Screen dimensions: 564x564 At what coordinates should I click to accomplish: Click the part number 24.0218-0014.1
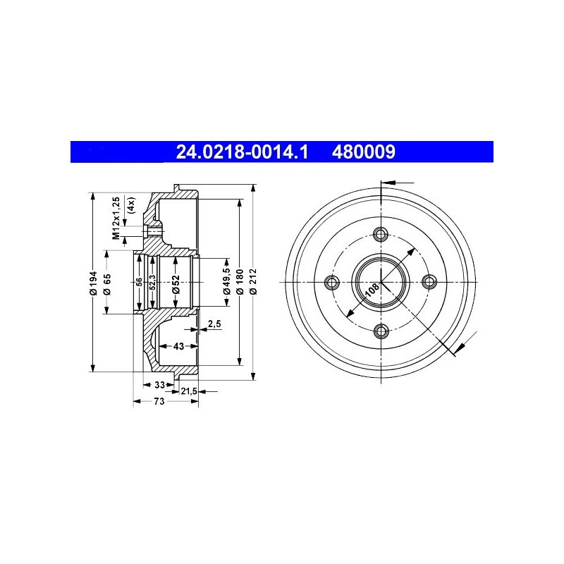(242, 152)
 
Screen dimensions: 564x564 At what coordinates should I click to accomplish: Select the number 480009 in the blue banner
(363, 152)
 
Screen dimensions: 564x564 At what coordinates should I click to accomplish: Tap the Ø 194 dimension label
(94, 283)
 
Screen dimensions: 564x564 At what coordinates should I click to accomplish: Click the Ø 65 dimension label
(107, 284)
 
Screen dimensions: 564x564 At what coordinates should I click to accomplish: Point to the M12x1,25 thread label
(116, 218)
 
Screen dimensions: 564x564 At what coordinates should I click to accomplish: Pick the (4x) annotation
(131, 206)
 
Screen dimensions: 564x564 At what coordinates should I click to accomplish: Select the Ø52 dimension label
(176, 284)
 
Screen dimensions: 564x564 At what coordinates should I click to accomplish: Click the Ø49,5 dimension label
(226, 281)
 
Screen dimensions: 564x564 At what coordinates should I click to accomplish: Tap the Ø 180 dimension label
(240, 281)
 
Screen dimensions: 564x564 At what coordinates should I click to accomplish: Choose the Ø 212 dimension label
(253, 281)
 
